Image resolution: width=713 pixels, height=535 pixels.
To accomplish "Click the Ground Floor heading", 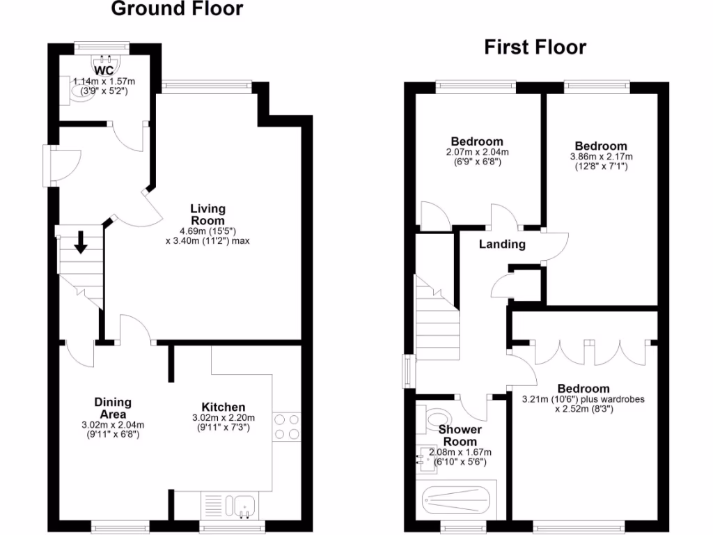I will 178,9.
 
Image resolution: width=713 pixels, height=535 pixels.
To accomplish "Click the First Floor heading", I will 535,47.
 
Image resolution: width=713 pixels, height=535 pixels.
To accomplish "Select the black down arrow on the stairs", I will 81,242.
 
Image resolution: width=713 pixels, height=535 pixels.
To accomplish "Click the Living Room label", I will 208,214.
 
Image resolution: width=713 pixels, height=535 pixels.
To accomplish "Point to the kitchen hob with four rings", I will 287,426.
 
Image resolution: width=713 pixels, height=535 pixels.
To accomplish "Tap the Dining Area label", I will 113,408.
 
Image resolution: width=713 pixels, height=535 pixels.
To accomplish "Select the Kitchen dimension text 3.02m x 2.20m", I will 223,418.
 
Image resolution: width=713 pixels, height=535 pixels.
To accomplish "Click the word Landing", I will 501,244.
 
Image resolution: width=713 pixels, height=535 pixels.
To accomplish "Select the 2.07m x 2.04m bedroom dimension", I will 476,152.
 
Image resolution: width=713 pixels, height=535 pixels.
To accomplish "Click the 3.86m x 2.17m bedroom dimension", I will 601,157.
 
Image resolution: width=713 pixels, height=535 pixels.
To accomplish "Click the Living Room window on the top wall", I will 206,86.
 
